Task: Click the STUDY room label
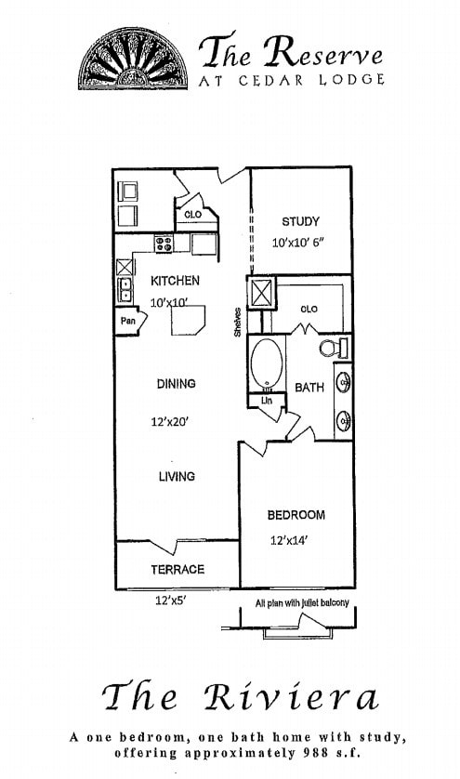(300, 221)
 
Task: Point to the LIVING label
(176, 476)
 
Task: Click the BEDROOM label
(296, 515)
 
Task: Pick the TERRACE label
(177, 569)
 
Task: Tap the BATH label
(309, 388)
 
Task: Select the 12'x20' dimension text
(170, 421)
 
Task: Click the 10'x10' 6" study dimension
(297, 242)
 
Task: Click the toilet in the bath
(333, 350)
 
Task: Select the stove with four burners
(164, 244)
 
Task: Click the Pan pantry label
(127, 321)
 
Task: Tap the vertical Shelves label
(238, 323)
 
